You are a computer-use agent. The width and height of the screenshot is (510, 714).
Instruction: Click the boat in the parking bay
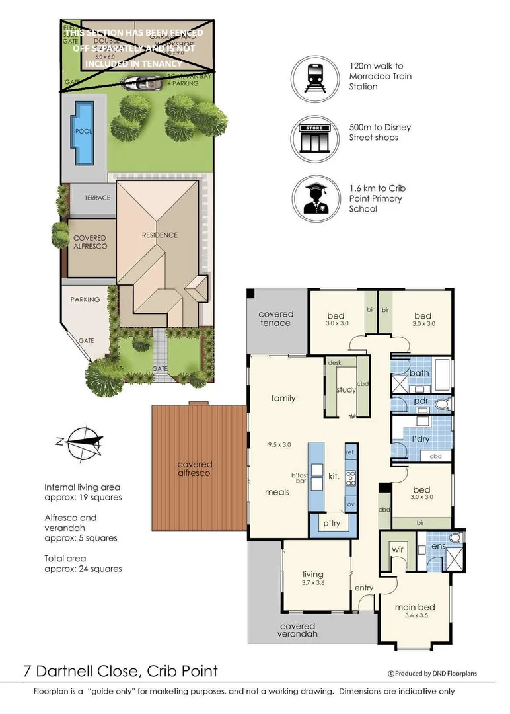(141, 83)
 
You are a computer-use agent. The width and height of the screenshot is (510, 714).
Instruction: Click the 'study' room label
(346, 389)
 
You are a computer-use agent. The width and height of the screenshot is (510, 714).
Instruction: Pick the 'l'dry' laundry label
(420, 439)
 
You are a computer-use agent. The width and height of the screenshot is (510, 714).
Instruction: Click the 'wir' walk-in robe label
(398, 548)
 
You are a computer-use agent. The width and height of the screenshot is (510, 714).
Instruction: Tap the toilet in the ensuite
(454, 539)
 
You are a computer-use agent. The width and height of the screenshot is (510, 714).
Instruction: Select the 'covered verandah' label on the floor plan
(297, 629)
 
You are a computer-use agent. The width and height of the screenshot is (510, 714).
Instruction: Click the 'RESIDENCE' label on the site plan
(160, 235)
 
